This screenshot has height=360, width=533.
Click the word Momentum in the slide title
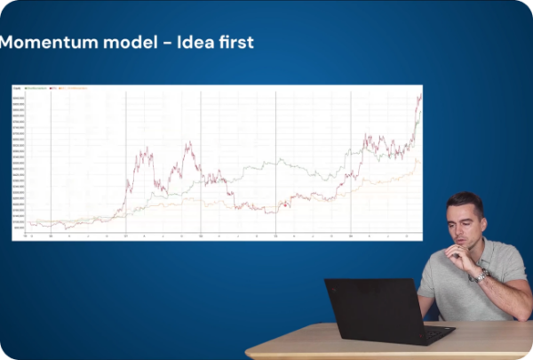pyautogui.click(x=45, y=42)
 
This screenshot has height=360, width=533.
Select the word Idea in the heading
pyautogui.click(x=191, y=42)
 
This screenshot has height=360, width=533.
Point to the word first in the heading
pyautogui.click(x=235, y=42)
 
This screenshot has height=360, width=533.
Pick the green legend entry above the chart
pyautogui.click(x=36, y=89)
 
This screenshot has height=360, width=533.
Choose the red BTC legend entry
pyautogui.click(x=53, y=89)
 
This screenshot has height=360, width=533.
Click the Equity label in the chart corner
pyautogui.click(x=16, y=89)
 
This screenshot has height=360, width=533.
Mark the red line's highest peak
pyautogui.click(x=419, y=96)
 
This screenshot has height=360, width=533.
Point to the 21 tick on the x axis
pyautogui.click(x=125, y=236)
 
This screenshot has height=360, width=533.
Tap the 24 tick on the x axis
pyautogui.click(x=351, y=236)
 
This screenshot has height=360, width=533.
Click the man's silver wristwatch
pyautogui.click(x=481, y=276)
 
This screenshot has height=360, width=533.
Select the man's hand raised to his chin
pyautogui.click(x=459, y=257)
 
